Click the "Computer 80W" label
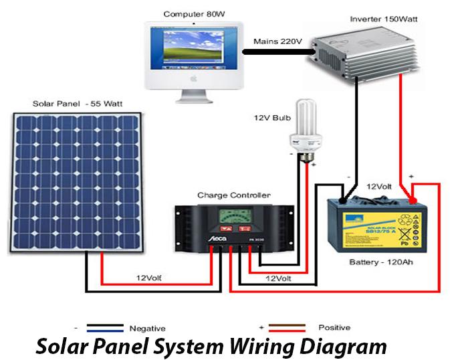coord(191,13)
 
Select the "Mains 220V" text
coord(278,41)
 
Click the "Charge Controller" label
coord(234,195)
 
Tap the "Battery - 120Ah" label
coord(381,262)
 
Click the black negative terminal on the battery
coord(343,199)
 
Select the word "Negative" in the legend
coord(147,328)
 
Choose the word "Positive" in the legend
coord(334,328)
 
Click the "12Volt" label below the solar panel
coord(148,277)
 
